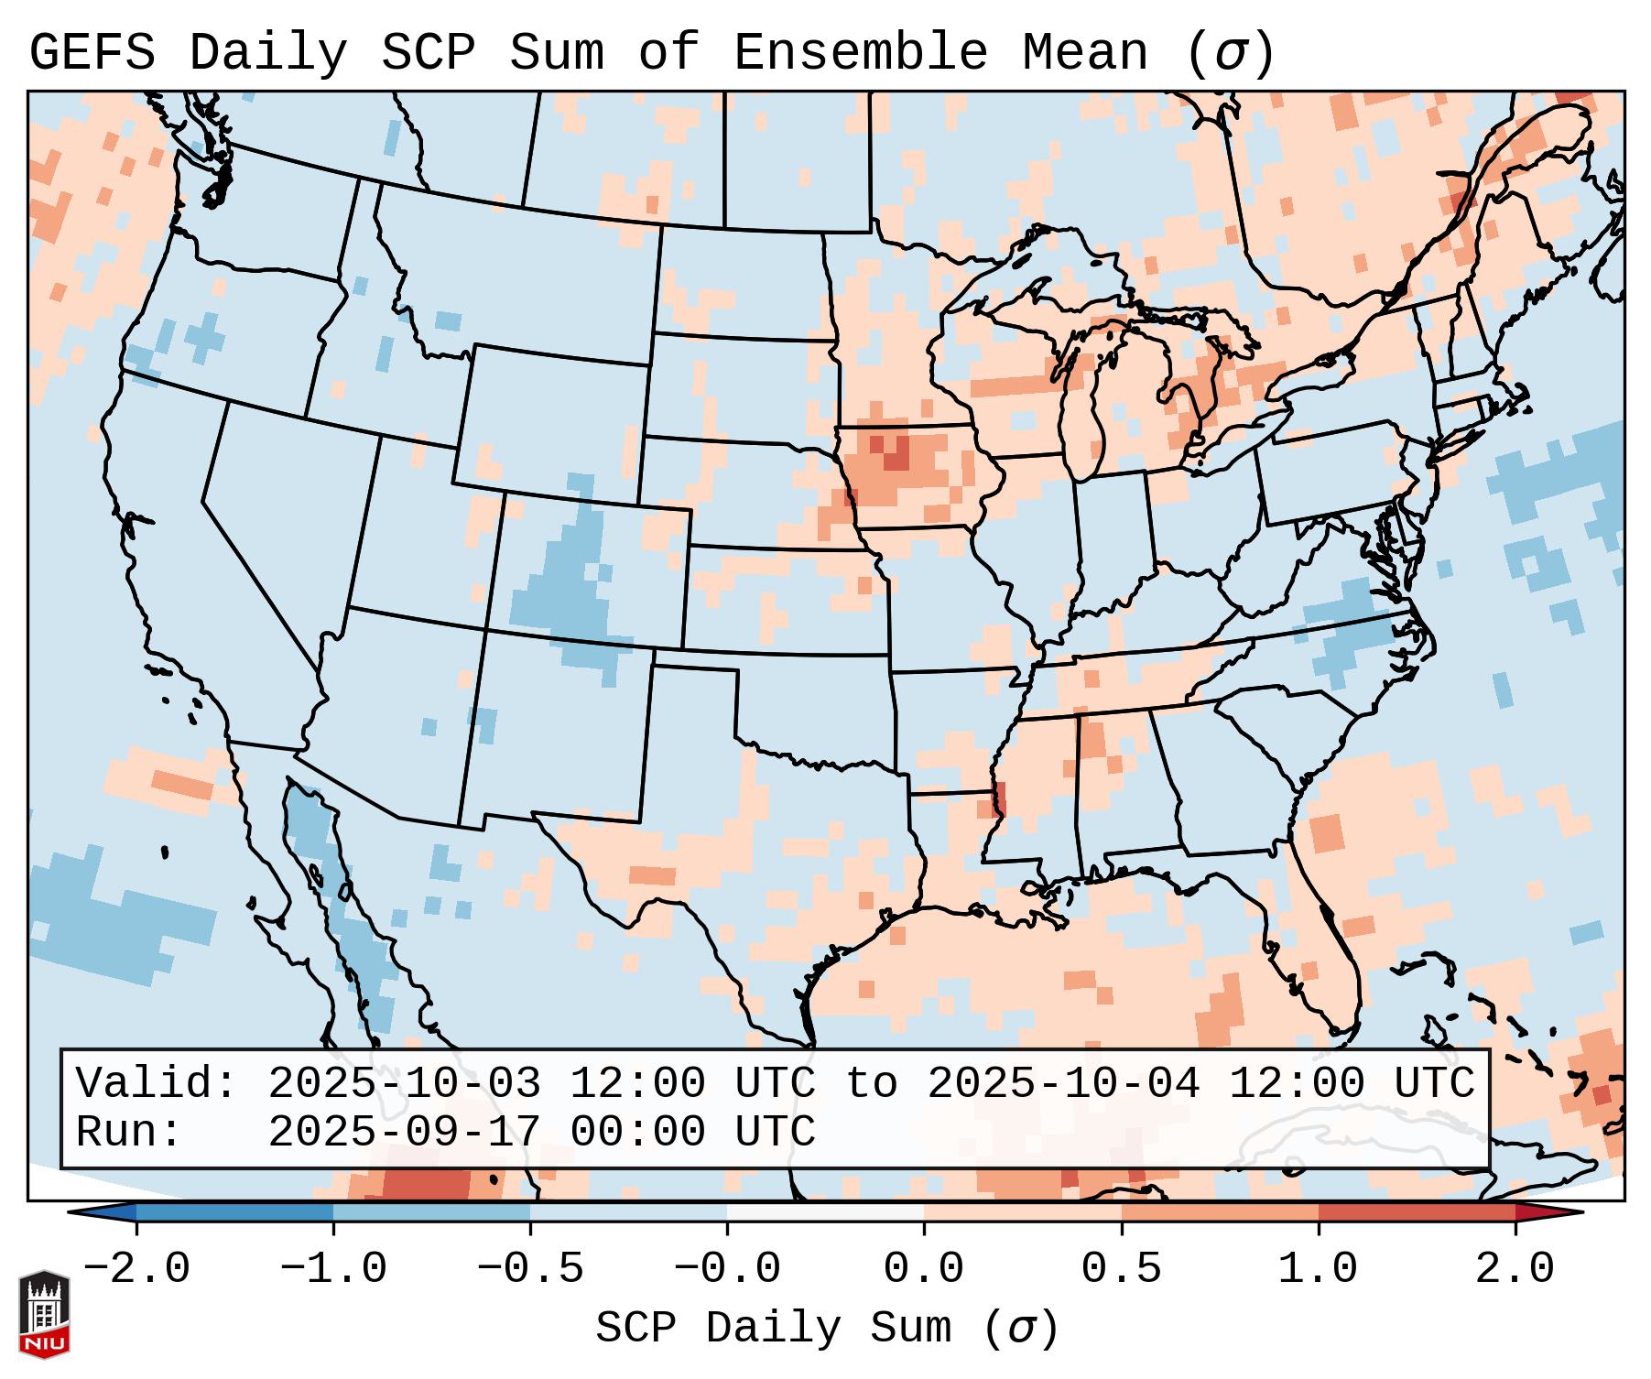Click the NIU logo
coord(44,1313)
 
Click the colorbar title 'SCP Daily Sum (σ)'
coord(826,1329)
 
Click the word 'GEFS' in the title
coord(92,53)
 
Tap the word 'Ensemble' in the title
coord(860,53)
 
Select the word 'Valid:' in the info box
coord(156,1083)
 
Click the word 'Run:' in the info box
coord(128,1132)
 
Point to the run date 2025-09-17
coord(404,1132)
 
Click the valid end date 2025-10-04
coord(1063,1083)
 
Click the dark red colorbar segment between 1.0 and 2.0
coord(1417,1211)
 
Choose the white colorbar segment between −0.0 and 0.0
coord(825,1211)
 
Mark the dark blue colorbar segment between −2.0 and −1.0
coord(234,1211)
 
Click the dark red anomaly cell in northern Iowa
coord(896,452)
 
